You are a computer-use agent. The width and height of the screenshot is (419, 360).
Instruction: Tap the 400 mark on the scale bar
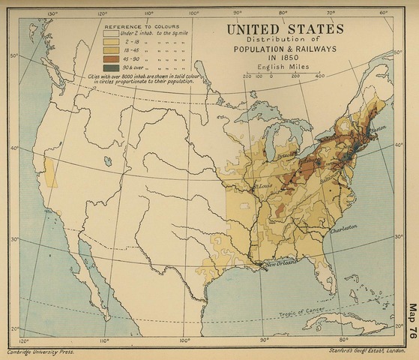[x=319, y=76]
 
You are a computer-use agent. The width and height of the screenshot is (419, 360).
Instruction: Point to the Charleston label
[x=343, y=228]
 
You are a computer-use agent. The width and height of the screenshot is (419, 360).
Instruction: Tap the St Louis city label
[x=263, y=182]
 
